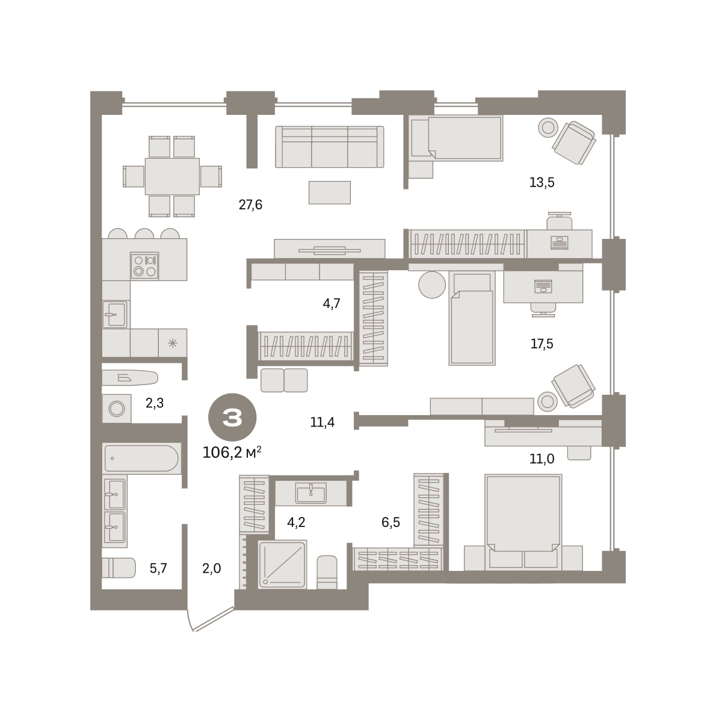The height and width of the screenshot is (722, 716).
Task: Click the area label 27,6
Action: (250, 205)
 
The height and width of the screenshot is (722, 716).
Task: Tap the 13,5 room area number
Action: (542, 182)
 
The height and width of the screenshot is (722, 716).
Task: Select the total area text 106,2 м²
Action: (232, 452)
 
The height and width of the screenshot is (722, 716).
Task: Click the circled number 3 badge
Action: (232, 417)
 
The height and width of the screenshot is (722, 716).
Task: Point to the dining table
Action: (172, 176)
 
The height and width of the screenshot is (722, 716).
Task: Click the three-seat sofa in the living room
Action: (329, 147)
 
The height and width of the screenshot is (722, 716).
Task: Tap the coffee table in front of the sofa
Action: (330, 193)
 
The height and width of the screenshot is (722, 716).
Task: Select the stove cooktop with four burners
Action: (144, 266)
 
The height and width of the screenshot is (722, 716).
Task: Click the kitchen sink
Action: (115, 314)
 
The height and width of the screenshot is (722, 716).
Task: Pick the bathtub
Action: (141, 458)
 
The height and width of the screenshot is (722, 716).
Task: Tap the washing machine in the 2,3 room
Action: (117, 408)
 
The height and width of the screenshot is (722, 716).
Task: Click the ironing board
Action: (130, 378)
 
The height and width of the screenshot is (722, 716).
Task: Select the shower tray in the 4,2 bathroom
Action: (283, 564)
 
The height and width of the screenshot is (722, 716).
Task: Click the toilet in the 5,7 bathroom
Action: (119, 567)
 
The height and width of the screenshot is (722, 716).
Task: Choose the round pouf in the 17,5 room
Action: (432, 285)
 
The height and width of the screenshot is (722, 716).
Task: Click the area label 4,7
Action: (332, 303)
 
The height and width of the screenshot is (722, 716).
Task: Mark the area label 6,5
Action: (390, 522)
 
